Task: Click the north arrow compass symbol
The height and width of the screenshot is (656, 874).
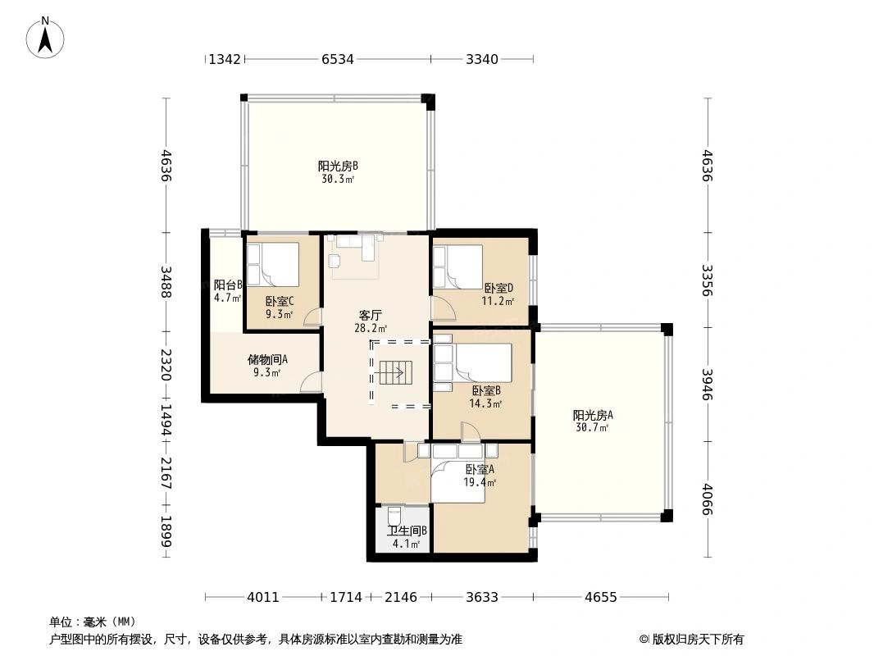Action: click(x=45, y=38)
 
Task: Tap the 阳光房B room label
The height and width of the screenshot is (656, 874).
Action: click(x=338, y=166)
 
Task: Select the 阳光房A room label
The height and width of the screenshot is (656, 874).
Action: click(x=593, y=415)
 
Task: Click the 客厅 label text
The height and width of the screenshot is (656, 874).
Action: click(x=370, y=316)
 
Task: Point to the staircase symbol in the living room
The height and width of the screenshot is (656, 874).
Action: click(x=395, y=372)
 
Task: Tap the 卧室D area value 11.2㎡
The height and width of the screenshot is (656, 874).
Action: click(x=498, y=302)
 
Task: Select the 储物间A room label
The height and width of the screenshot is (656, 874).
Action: click(x=267, y=359)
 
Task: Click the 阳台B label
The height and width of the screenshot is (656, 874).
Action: click(x=228, y=285)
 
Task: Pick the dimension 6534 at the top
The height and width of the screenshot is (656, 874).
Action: click(x=338, y=59)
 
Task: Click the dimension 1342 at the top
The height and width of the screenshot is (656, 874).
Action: click(x=225, y=59)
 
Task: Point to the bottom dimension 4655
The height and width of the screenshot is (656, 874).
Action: click(x=601, y=598)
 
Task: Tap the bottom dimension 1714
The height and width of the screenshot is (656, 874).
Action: click(x=346, y=598)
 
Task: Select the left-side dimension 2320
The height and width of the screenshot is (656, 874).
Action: click(x=166, y=365)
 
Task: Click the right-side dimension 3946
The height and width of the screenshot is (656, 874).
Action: click(x=708, y=385)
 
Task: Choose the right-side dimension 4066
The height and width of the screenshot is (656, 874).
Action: click(x=708, y=499)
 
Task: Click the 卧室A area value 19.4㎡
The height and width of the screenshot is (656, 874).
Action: click(x=480, y=483)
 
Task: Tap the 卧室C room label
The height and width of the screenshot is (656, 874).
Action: click(x=280, y=302)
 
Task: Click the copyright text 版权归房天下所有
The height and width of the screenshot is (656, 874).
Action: click(x=698, y=640)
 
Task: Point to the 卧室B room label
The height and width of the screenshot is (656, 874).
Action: click(x=486, y=390)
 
